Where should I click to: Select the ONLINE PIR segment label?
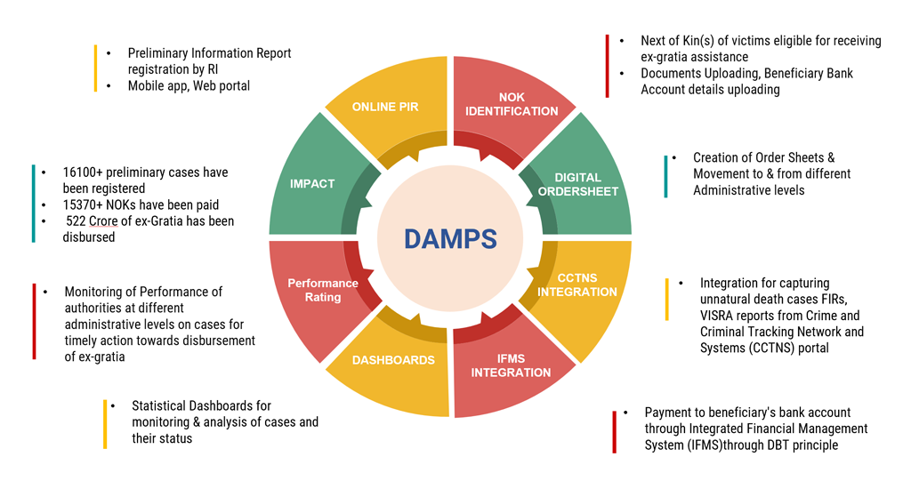385,107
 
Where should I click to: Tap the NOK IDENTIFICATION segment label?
512,104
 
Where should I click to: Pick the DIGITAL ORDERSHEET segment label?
578,184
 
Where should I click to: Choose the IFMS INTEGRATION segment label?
512,365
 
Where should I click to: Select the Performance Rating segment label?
323,290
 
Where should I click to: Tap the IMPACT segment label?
312,183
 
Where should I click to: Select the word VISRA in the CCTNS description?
719,316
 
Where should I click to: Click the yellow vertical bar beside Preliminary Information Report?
95,68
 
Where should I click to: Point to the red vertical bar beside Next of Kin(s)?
607,65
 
